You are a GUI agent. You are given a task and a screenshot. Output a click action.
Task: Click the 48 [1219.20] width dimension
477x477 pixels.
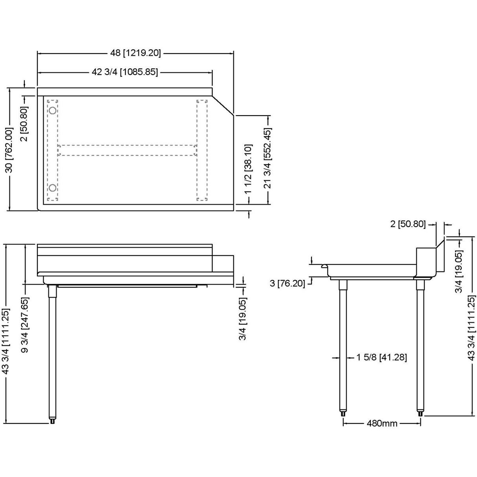(135, 53)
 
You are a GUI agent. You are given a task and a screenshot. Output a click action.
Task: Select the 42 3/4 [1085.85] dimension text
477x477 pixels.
(125, 72)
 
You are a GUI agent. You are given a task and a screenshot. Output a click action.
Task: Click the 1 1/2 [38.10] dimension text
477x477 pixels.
(248, 169)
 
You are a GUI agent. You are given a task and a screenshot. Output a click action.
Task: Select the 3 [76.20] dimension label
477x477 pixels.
(287, 283)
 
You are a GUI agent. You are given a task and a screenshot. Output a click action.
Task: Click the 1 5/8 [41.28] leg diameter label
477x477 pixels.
(381, 357)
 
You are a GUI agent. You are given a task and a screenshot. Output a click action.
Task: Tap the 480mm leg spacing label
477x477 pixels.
(382, 423)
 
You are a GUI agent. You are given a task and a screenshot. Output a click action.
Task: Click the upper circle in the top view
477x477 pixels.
(52, 110)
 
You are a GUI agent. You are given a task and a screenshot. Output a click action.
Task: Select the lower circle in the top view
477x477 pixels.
(52, 187)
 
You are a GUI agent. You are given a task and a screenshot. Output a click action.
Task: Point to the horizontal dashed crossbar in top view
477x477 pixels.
(127, 150)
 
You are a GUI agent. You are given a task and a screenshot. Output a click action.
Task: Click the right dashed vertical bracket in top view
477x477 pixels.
(202, 150)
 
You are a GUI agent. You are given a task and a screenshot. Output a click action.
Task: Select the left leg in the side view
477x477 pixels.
(343, 346)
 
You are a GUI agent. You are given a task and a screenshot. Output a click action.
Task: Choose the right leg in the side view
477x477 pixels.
(420, 346)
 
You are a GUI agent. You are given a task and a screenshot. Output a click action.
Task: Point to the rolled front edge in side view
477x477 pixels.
(325, 267)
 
